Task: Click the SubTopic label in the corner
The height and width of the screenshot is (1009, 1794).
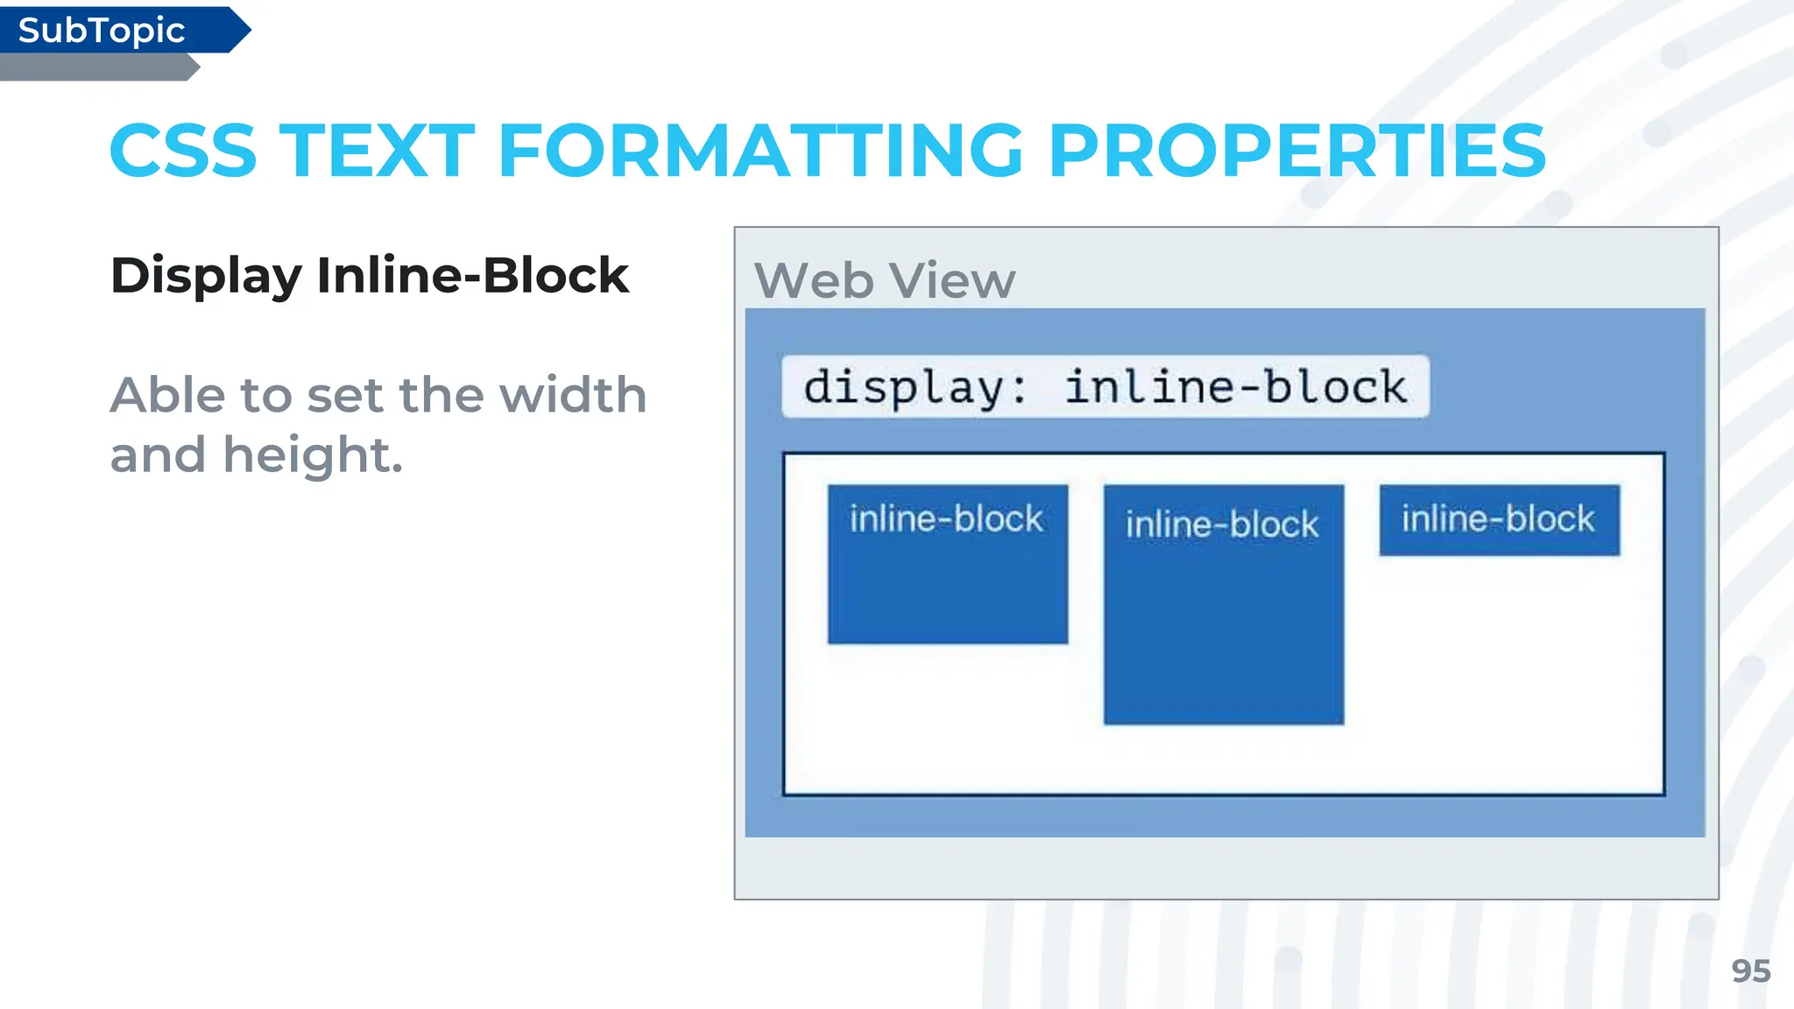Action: pyautogui.click(x=102, y=31)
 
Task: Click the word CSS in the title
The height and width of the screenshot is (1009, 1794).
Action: pyautogui.click(x=183, y=151)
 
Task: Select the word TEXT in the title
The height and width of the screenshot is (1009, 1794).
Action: pyautogui.click(x=378, y=151)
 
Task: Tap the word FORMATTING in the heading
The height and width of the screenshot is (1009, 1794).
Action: pyautogui.click(x=760, y=151)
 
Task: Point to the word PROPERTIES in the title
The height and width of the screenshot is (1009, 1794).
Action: pyautogui.click(x=1296, y=151)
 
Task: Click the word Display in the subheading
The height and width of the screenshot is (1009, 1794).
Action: pyautogui.click(x=207, y=276)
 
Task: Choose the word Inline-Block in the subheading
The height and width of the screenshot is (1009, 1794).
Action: pyautogui.click(x=473, y=276)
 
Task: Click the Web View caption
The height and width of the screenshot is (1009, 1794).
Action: pyautogui.click(x=885, y=281)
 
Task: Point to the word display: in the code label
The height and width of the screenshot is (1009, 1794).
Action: pyautogui.click(x=916, y=387)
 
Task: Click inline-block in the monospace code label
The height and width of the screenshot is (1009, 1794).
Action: pyautogui.click(x=1235, y=387)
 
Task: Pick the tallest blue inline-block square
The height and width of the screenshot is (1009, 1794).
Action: pyautogui.click(x=1223, y=631)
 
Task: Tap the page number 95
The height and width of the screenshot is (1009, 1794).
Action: pyautogui.click(x=1750, y=971)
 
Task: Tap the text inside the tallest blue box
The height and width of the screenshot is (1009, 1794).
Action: pyautogui.click(x=1222, y=525)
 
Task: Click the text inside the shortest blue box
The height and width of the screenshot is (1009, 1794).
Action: pyautogui.click(x=1498, y=519)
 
